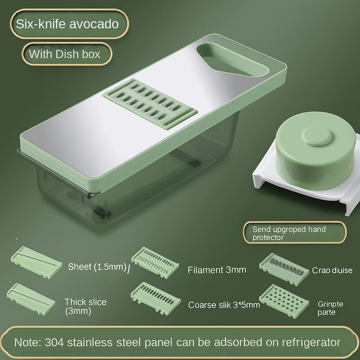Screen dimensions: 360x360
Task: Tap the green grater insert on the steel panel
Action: (150, 104)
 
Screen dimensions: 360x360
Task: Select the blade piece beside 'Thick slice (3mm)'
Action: (31, 299)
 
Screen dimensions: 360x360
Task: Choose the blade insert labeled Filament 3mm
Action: (155, 262)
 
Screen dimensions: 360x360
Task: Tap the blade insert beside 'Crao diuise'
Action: (284, 269)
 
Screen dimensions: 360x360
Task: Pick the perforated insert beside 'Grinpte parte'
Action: (284, 301)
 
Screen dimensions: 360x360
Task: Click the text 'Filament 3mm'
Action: (217, 270)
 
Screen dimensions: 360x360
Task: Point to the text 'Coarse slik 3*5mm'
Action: (224, 305)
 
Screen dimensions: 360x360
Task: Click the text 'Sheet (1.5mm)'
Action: (97, 266)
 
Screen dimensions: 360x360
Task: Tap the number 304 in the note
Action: (54, 342)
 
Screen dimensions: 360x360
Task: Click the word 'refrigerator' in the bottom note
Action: (311, 342)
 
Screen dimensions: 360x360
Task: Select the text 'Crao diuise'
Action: (332, 270)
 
